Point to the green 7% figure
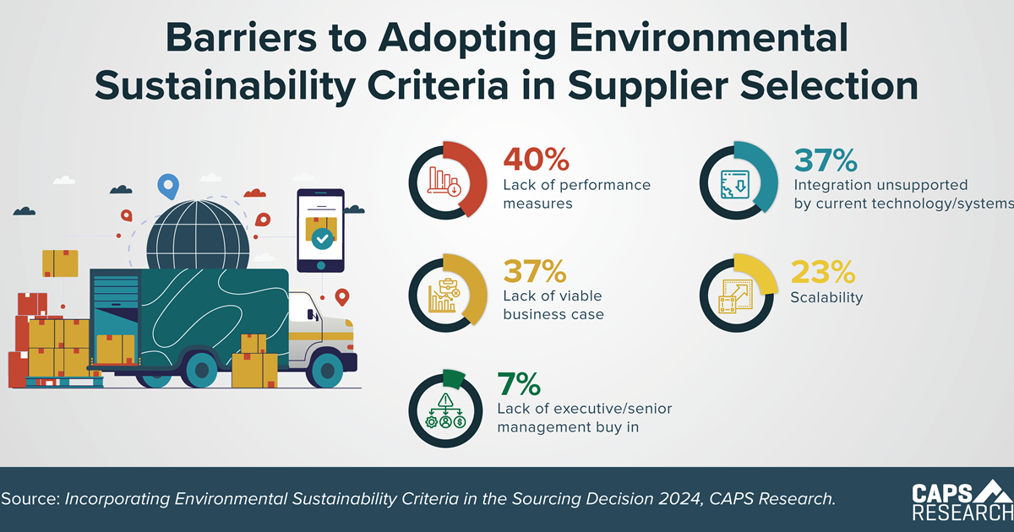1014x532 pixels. click(x=519, y=385)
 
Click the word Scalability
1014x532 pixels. click(x=826, y=297)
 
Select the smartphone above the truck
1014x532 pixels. click(x=321, y=230)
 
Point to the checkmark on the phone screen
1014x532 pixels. click(x=321, y=239)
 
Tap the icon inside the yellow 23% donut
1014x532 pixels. click(x=733, y=295)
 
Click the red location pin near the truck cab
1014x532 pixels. click(x=341, y=297)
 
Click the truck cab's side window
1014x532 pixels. click(x=303, y=311)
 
